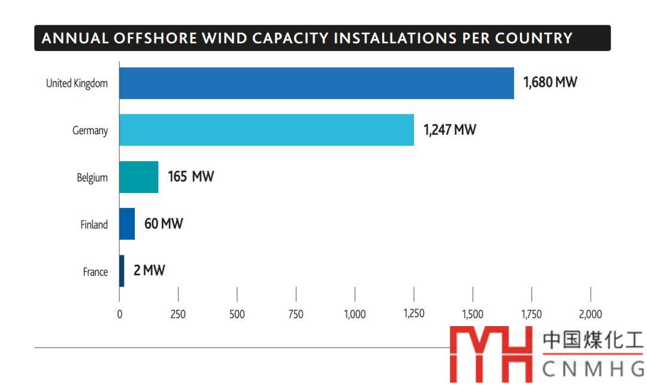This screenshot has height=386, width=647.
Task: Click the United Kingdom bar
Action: pos(316,83)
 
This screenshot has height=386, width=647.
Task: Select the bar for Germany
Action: pos(267,130)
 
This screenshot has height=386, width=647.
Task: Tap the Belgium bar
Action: pos(138,177)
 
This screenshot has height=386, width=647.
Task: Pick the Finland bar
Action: pos(127,224)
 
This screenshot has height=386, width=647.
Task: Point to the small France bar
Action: pos(122,271)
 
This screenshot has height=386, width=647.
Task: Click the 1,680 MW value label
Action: pos(550,83)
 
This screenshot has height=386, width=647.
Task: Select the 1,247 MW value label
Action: pos(449,129)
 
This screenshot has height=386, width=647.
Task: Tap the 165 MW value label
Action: pos(191,177)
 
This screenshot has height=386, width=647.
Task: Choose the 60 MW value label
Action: pos(164,224)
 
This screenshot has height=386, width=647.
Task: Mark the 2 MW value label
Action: pos(149,271)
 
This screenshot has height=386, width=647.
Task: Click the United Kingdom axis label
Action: pos(77,83)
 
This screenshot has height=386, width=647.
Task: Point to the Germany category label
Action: pos(90,130)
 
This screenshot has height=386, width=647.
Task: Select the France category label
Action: pos(95,272)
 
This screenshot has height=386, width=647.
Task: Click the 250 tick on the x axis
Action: pos(178,314)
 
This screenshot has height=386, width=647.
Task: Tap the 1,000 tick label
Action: pos(355,314)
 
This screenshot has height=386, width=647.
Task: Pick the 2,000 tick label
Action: pos(590,314)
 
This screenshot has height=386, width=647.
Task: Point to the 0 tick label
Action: pos(120,314)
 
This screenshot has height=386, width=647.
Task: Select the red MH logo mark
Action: pos(491,355)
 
